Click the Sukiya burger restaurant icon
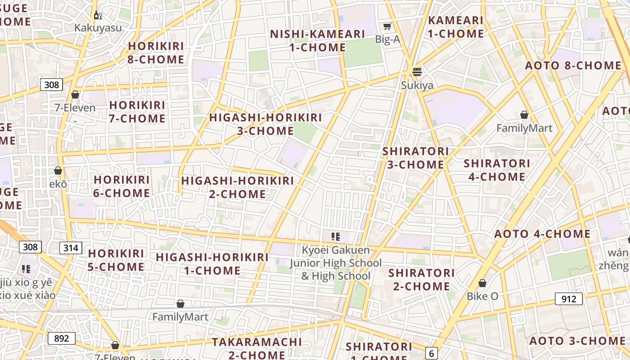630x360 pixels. (417, 72)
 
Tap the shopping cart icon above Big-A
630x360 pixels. (387, 26)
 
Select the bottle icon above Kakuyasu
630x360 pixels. (98, 15)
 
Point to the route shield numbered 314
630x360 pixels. (71, 247)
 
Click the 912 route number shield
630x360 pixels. (568, 298)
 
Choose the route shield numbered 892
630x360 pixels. (61, 338)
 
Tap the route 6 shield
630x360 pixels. (432, 353)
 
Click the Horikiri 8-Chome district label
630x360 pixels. (156, 53)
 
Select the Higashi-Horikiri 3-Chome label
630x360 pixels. (265, 124)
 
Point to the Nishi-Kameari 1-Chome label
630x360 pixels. (317, 40)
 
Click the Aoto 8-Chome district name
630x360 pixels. (573, 66)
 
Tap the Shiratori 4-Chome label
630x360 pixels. (497, 170)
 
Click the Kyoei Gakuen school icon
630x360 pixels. (335, 237)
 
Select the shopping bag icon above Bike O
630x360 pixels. (482, 283)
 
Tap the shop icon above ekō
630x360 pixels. (58, 171)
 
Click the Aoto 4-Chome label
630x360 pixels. (542, 234)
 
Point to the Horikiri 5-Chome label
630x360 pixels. (116, 260)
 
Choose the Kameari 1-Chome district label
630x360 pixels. (455, 27)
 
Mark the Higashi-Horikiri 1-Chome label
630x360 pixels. (212, 264)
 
